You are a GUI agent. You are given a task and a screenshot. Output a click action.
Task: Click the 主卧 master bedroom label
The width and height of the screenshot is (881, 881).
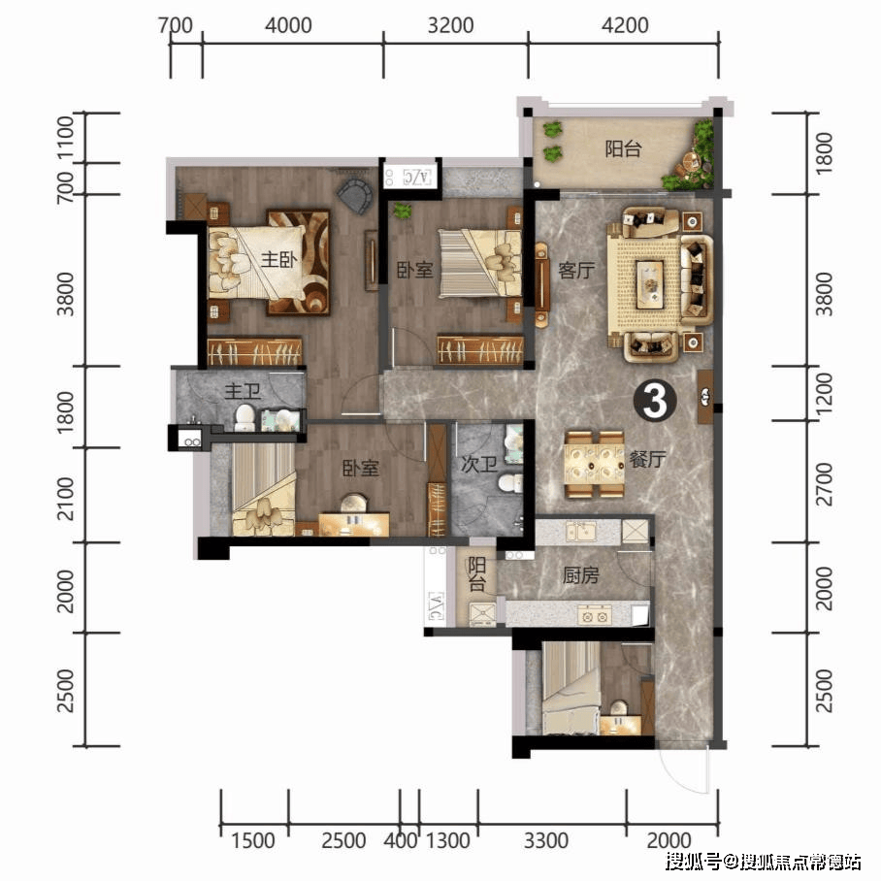click(x=279, y=260)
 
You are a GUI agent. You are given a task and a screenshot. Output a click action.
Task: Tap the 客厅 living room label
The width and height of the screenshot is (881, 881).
click(x=576, y=271)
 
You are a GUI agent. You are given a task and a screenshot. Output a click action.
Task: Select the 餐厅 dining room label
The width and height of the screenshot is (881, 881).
click(x=647, y=459)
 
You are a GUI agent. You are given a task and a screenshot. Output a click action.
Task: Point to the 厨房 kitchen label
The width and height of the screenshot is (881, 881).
click(x=581, y=574)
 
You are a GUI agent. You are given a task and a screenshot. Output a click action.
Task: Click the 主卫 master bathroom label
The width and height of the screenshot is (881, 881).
click(x=243, y=391)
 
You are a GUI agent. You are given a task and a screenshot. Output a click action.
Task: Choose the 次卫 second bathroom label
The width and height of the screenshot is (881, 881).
click(x=478, y=464)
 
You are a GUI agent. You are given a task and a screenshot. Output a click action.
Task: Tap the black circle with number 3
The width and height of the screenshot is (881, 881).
click(x=655, y=401)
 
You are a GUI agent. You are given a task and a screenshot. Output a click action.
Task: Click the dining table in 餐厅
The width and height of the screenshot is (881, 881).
click(x=595, y=464)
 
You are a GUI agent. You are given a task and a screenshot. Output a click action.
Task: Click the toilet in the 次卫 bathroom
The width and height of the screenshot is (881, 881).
click(x=510, y=482)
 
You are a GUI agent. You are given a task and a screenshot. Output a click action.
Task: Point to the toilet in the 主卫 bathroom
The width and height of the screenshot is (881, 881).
click(x=245, y=418)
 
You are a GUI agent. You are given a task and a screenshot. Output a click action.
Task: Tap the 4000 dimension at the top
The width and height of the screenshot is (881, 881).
click(x=288, y=25)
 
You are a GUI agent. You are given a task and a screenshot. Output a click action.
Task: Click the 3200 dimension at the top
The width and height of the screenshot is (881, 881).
click(x=450, y=25)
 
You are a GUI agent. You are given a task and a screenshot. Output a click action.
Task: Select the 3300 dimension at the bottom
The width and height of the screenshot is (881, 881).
click(x=546, y=840)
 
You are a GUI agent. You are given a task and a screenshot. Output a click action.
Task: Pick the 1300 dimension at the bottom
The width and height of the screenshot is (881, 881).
click(x=447, y=840)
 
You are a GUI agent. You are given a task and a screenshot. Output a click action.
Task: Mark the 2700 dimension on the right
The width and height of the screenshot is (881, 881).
click(x=824, y=484)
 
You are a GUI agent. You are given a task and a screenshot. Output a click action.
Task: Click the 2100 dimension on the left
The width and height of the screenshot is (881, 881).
click(x=65, y=499)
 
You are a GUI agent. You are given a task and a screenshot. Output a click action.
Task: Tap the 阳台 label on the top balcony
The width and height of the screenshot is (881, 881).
click(x=623, y=148)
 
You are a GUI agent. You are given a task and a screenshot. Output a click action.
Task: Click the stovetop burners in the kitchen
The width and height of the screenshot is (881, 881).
click(x=595, y=616)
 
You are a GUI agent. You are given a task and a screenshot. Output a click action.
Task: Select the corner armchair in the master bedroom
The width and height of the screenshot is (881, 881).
click(x=355, y=194)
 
